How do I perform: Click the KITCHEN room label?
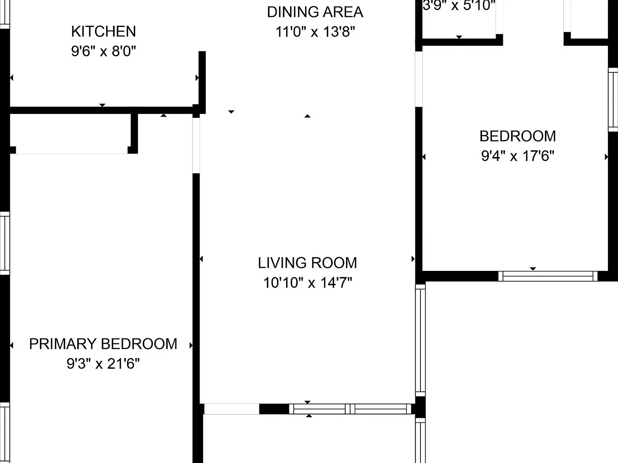[x=103, y=31]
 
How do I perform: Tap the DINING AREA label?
[x=315, y=12]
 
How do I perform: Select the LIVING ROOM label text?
[x=307, y=263]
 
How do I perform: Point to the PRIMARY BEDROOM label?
[x=103, y=344]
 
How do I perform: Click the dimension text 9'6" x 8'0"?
[x=103, y=51]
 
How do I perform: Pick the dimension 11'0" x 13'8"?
[x=315, y=31]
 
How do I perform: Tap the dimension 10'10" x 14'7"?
[x=307, y=283]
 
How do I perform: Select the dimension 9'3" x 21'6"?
[x=103, y=363]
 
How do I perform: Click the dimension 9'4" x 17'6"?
[x=517, y=156]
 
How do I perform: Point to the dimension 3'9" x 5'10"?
[x=459, y=5]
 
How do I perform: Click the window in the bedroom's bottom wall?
[x=548, y=276]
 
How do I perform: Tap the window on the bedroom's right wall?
[x=613, y=100]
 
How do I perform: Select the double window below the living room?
[x=350, y=409]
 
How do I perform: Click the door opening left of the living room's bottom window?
[x=231, y=409]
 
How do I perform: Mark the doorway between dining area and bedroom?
[x=419, y=79]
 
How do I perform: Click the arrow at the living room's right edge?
[x=413, y=258]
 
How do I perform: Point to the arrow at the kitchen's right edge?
[x=197, y=78]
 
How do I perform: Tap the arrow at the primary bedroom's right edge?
[x=191, y=345]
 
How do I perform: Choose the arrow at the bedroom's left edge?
[x=424, y=157]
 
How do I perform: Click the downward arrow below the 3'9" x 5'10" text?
[x=459, y=37]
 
